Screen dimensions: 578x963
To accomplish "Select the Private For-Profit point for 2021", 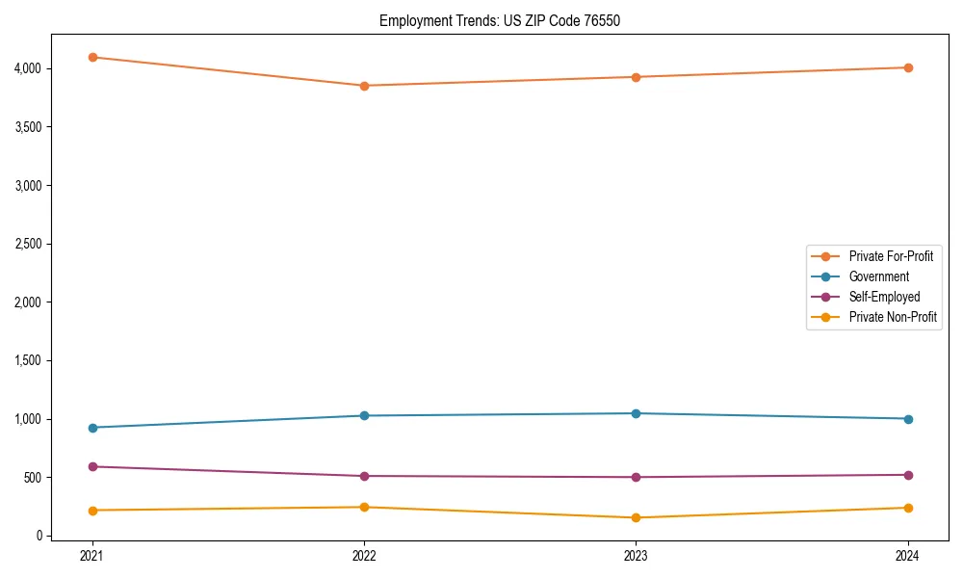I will coord(92,57).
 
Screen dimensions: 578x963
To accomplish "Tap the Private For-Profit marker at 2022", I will coord(364,86).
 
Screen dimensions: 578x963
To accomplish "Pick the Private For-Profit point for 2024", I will coord(908,67).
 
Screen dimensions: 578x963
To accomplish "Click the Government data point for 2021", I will coord(92,428).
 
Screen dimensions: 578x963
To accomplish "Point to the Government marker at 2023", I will coord(636,413).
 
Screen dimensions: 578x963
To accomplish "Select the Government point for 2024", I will coord(908,419).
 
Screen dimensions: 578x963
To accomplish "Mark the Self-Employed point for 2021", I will coord(92,466).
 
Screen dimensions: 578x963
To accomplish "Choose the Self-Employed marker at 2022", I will coord(364,476).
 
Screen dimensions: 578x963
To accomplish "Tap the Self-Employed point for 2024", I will coord(908,475).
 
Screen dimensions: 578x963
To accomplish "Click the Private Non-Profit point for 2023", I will coord(636,518).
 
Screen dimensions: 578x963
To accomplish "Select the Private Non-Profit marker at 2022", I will coord(364,507).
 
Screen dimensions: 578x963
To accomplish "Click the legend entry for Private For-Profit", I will coord(891,256).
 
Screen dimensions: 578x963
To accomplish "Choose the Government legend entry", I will coord(878,276).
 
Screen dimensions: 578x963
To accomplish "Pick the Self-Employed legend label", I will coord(884,297).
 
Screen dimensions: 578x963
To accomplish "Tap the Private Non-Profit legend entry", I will coord(893,317).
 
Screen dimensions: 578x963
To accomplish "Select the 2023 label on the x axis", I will coord(636,556).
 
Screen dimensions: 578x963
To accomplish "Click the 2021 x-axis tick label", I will coord(92,556).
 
